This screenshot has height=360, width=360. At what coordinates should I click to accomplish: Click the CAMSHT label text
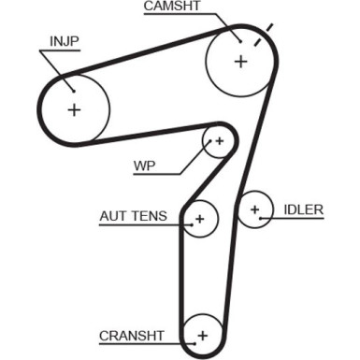172,7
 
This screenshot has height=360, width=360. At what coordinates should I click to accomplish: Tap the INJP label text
65,42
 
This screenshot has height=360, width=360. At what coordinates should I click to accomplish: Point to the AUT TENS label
134,217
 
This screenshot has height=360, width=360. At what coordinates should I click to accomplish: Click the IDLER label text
305,210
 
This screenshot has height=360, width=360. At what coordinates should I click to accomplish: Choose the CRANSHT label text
132,335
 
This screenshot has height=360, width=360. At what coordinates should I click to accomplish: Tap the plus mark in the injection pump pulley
74,108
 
